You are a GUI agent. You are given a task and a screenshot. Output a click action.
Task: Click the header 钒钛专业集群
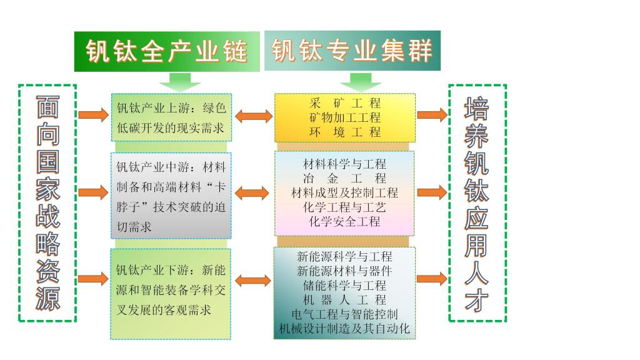[x=352, y=50]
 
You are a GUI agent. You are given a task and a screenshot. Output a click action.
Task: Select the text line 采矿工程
[x=345, y=102]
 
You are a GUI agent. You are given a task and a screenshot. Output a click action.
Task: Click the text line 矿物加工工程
[x=345, y=117]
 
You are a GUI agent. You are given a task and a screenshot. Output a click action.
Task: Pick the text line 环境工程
[x=345, y=131]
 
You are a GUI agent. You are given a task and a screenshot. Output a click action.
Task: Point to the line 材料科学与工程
[x=345, y=164]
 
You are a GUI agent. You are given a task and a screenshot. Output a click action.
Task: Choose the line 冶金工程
[x=345, y=178]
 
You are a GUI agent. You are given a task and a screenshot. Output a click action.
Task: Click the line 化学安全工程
[x=345, y=221]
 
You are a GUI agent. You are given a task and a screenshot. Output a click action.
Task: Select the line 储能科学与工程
[x=345, y=285]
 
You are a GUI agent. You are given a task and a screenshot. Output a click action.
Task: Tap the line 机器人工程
[x=345, y=299]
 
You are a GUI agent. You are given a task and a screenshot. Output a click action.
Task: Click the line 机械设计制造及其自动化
[x=345, y=328]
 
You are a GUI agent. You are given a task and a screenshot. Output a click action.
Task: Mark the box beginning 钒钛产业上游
[x=171, y=117]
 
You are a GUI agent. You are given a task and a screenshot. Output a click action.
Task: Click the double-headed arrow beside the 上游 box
[x=253, y=116]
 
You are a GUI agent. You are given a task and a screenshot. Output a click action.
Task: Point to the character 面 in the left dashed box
[x=47, y=108]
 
